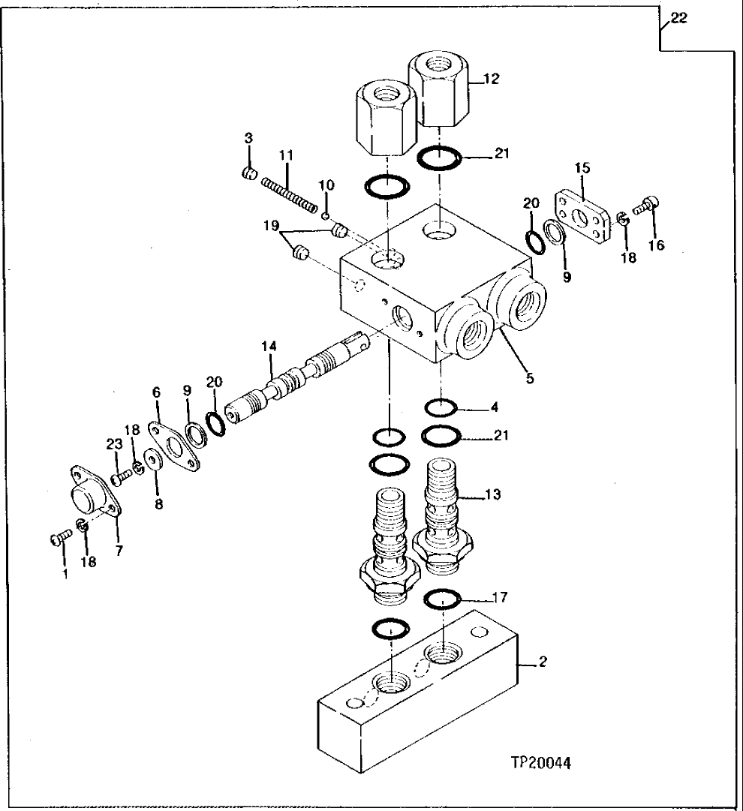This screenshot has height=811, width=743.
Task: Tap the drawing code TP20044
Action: click(541, 764)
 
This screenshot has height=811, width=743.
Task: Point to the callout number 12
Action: click(491, 78)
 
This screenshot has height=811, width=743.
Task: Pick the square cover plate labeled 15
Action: click(579, 217)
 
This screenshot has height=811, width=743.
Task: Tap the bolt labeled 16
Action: click(645, 206)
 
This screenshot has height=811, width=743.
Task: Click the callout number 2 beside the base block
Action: click(543, 662)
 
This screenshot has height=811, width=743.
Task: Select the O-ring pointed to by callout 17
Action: click(443, 598)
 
